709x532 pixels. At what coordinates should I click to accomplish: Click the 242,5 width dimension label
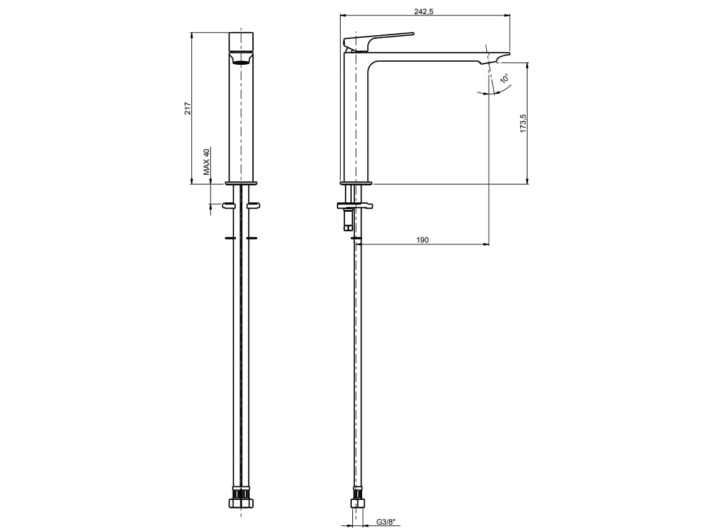click(x=424, y=12)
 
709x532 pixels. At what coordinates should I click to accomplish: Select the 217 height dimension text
click(x=188, y=109)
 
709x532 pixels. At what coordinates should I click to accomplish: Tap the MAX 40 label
click(x=206, y=162)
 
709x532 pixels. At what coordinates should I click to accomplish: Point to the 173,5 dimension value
click(x=523, y=123)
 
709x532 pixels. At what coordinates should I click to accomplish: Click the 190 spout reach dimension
click(x=422, y=239)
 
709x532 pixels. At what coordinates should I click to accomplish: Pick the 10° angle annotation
click(x=505, y=78)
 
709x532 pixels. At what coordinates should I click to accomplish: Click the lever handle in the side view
click(x=378, y=41)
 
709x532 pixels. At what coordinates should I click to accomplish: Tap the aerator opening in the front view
click(x=241, y=59)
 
